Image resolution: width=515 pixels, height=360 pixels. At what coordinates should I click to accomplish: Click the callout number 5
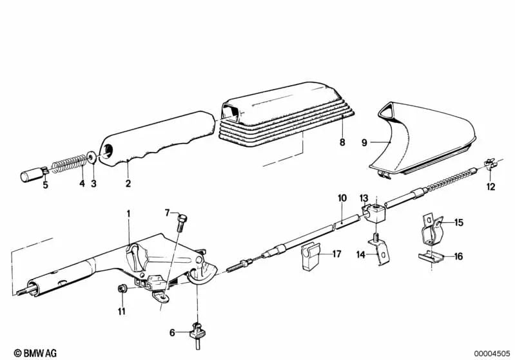(45, 185)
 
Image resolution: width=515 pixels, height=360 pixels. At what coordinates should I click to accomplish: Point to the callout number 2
(128, 183)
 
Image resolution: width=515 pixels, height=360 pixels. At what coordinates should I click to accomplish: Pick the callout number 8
(342, 142)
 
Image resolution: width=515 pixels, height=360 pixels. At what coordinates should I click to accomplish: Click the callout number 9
(364, 143)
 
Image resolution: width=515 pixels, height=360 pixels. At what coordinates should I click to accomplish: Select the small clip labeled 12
(490, 164)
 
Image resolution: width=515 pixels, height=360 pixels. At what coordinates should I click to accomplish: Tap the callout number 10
(342, 198)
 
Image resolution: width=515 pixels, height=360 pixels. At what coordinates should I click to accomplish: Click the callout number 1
(128, 214)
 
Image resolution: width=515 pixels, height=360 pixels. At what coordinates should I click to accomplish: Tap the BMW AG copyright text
(35, 353)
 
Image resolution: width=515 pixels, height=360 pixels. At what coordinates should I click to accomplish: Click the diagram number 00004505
(492, 354)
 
